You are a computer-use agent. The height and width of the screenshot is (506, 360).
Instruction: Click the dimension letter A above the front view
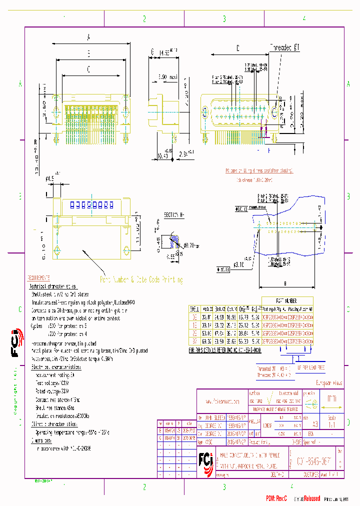pyautogui.click(x=88, y=36)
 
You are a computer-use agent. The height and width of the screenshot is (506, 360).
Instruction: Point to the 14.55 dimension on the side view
pyautogui.click(x=165, y=52)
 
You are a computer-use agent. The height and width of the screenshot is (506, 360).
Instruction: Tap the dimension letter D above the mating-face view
pyautogui.click(x=237, y=48)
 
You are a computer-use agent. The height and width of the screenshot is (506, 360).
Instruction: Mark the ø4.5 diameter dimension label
pyautogui.click(x=50, y=177)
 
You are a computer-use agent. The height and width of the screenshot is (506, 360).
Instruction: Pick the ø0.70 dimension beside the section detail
pyautogui.click(x=190, y=246)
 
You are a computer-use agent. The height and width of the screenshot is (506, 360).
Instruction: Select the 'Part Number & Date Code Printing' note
pyautogui.click(x=141, y=280)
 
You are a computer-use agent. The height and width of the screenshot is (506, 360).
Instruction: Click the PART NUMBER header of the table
pyautogui.click(x=287, y=301)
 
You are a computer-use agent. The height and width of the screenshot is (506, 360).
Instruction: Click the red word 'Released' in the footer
pyautogui.click(x=310, y=498)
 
